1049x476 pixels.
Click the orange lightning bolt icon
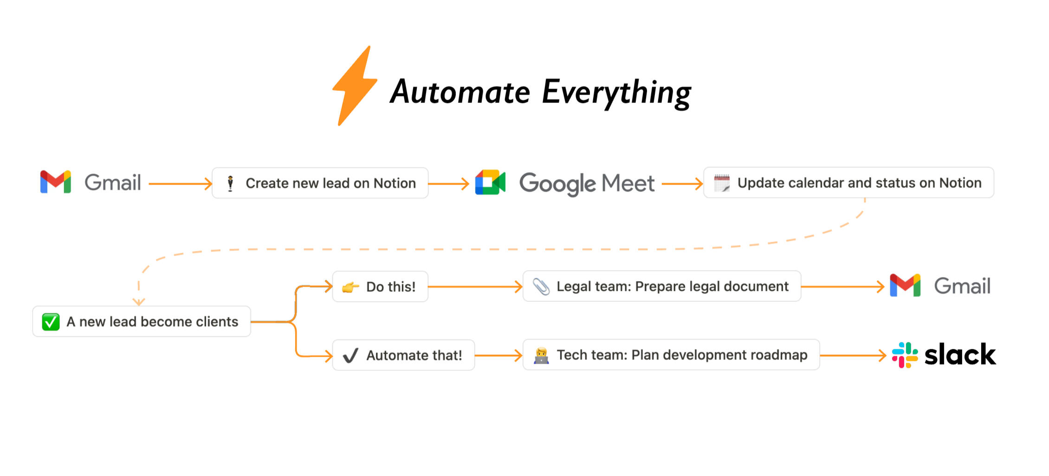[354, 86]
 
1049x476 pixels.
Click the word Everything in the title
[616, 92]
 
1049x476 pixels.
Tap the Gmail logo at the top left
[56, 182]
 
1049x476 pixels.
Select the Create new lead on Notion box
[320, 183]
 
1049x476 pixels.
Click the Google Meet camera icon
[490, 182]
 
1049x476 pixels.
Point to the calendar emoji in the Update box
[722, 183]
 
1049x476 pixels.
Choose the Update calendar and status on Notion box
[848, 183]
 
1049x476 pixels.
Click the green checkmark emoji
[51, 322]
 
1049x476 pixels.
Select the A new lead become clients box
[142, 322]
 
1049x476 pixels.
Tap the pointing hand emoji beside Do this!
[350, 287]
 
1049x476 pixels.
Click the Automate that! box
[403, 355]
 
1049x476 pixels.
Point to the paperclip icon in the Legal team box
[541, 287]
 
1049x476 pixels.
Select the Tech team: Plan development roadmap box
[671, 355]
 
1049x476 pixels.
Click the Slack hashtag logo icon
[905, 355]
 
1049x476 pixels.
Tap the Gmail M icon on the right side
[905, 285]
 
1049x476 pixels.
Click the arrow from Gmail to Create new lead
[180, 184]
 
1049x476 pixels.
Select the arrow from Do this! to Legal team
[475, 287]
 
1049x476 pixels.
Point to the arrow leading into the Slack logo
[853, 355]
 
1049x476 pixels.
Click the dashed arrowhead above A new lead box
[139, 302]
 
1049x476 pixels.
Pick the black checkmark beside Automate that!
[350, 356]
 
